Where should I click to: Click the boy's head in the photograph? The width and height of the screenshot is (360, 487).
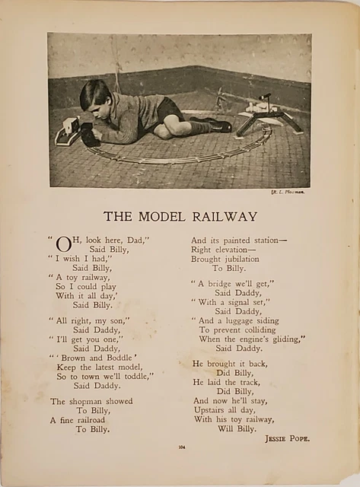(96, 96)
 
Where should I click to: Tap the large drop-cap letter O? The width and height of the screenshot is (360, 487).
(64, 244)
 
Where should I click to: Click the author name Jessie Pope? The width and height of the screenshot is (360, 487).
(288, 438)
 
